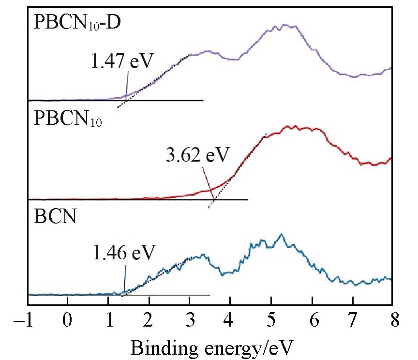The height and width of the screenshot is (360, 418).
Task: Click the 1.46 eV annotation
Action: click(x=124, y=252)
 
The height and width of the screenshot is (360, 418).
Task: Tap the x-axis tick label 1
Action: click(x=109, y=321)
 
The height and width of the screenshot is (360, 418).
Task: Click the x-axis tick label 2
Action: click(x=149, y=321)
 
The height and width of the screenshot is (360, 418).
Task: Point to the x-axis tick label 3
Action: click(x=190, y=321)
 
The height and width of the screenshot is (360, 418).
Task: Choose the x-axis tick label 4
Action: click(x=231, y=321)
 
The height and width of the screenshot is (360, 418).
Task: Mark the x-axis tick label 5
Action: click(x=271, y=321)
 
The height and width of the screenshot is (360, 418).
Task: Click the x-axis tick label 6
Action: click(x=312, y=321)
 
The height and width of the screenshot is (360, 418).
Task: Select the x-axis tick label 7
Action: click(x=352, y=321)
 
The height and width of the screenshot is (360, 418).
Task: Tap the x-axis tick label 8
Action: click(x=392, y=321)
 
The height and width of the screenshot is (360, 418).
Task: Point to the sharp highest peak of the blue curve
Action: click(x=282, y=234)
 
